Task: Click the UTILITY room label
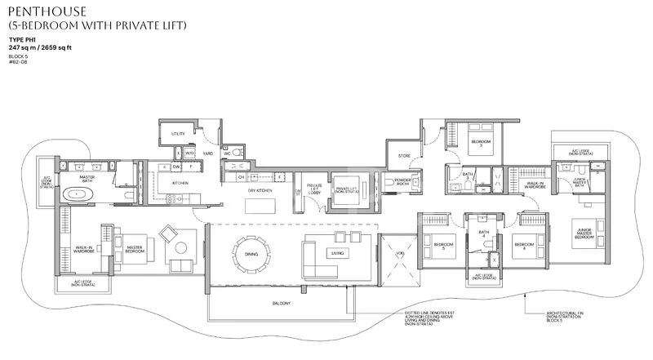click(177, 133)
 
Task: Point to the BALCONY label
click(282, 301)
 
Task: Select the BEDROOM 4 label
click(523, 245)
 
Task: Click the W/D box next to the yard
click(189, 153)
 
